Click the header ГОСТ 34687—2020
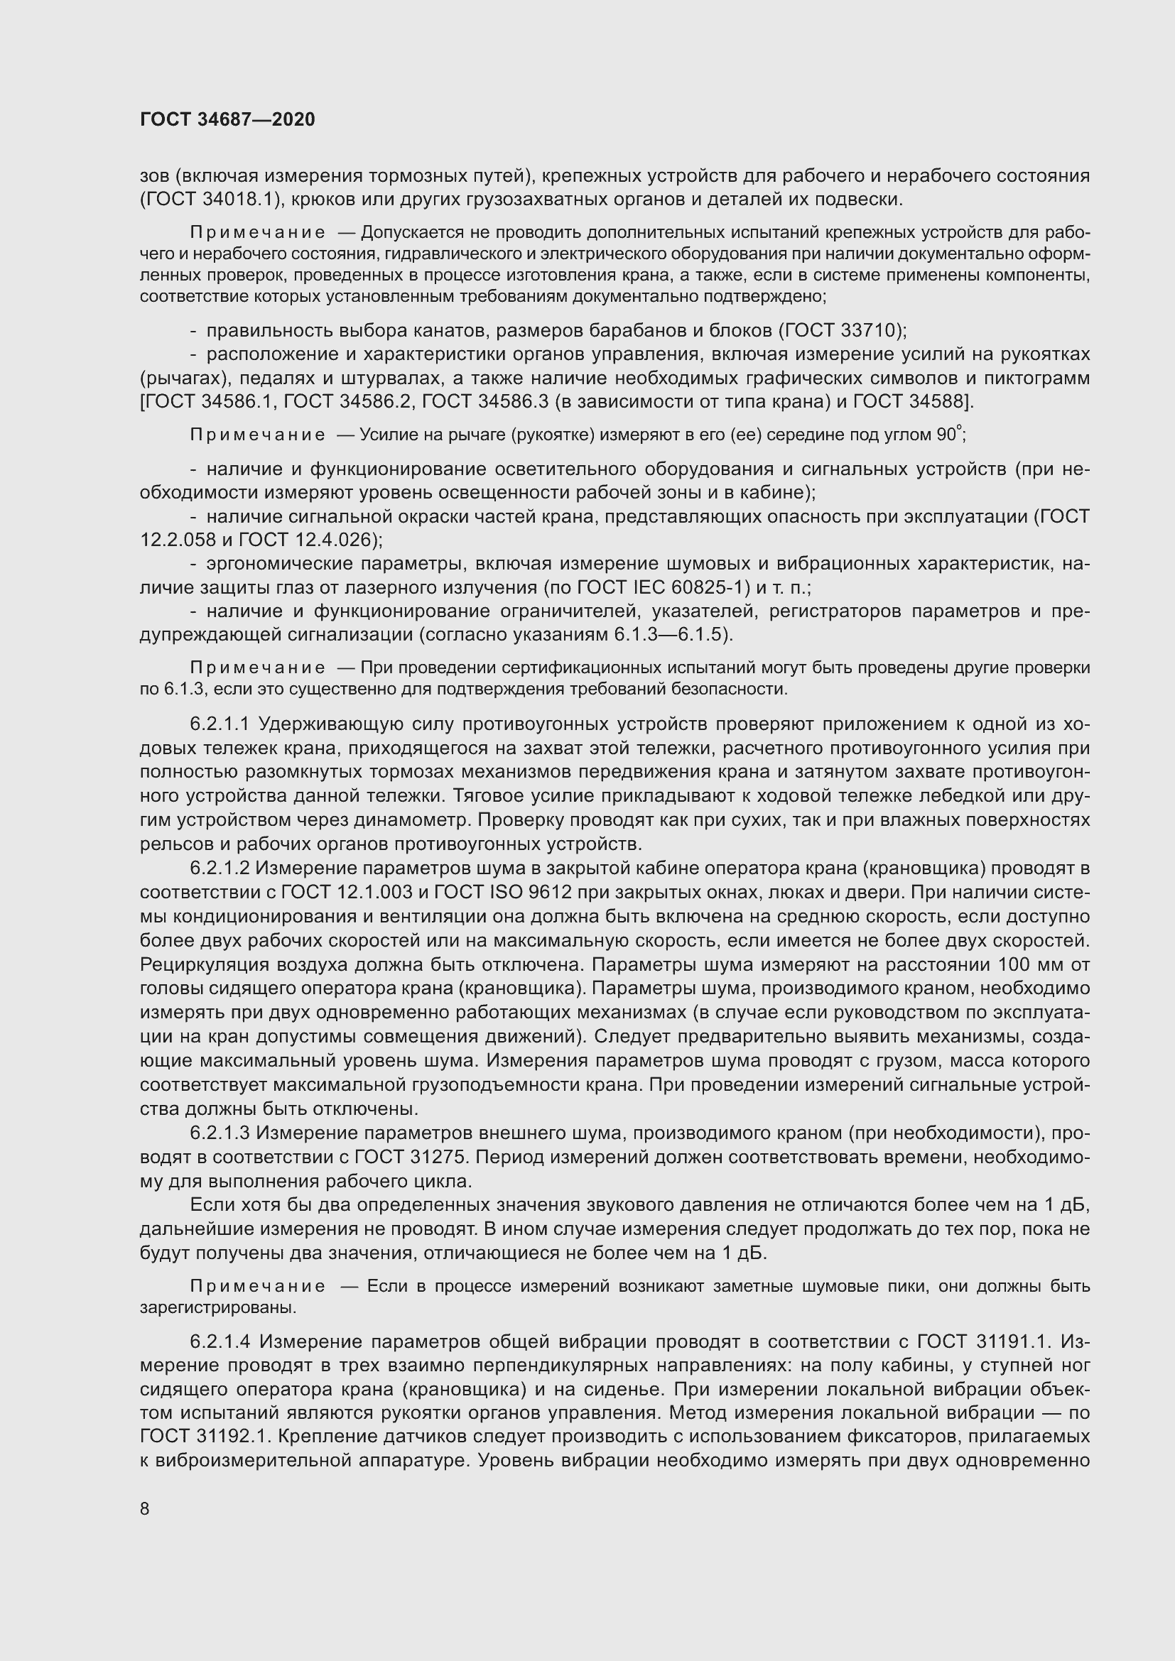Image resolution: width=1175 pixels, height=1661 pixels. pyautogui.click(x=227, y=120)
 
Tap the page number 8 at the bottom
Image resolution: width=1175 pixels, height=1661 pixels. pyautogui.click(x=145, y=1508)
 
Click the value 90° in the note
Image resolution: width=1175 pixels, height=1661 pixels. pyautogui.click(x=948, y=435)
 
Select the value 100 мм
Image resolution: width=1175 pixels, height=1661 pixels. pyautogui.click(x=1027, y=964)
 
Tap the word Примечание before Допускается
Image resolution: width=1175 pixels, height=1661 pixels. pyautogui.click(x=257, y=233)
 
